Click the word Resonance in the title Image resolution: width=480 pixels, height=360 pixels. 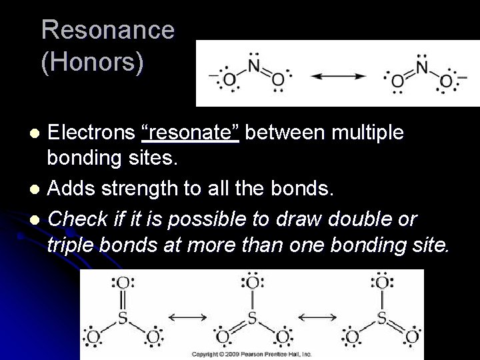107,31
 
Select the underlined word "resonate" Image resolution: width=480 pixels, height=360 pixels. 193,133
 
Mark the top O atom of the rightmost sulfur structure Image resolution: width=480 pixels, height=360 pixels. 381,283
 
